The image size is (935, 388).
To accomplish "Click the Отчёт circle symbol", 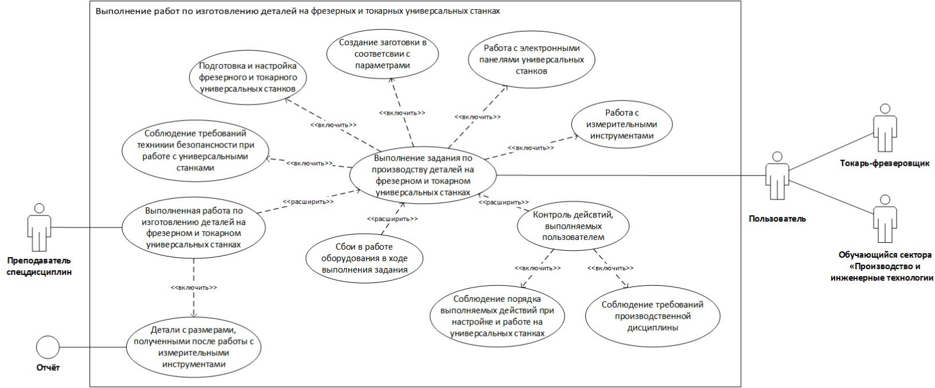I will coord(48,347).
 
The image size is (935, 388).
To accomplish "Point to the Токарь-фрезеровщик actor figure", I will coord(883,129).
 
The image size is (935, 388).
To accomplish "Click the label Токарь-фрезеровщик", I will coord(884,164).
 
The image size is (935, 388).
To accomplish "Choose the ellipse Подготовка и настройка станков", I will coord(247,77).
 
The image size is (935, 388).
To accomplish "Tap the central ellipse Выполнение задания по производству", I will coord(423,174).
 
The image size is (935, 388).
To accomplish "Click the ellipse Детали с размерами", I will coord(193,347).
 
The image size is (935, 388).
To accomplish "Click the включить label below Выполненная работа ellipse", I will coord(194,288).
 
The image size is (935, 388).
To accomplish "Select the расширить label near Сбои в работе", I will coord(392,219).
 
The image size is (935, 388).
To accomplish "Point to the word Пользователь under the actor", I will coord(777,219).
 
